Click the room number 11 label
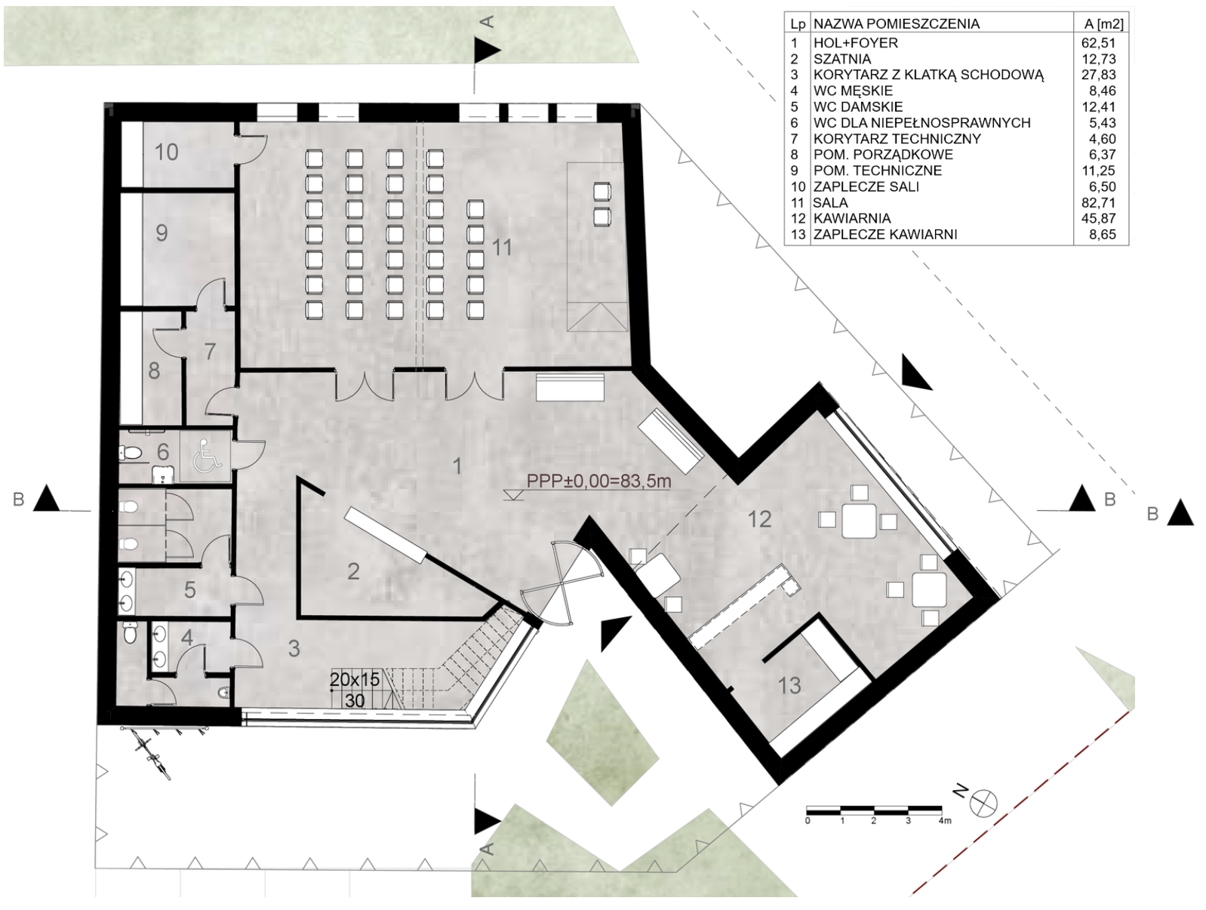pos(502,247)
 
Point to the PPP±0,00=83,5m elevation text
pos(599,481)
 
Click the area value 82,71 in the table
pos(1099,203)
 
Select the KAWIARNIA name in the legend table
pos(852,219)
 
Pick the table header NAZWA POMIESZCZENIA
pos(896,24)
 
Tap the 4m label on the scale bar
pos(944,821)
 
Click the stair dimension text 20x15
pos(355,679)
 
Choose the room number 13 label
pos(789,685)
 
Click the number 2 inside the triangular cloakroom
pos(353,572)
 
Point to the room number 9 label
pos(162,233)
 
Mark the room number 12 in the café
pos(759,519)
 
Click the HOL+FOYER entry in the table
pos(856,43)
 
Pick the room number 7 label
pos(210,352)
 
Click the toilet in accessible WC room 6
pos(131,453)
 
